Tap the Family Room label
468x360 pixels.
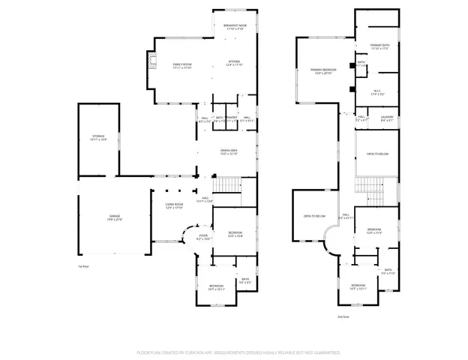pyautogui.click(x=183, y=66)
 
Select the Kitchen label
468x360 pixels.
pyautogui.click(x=235, y=64)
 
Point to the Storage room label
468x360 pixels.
pyautogui.click(x=99, y=137)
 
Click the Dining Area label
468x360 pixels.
pyautogui.click(x=229, y=152)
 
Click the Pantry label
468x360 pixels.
pyautogui.click(x=232, y=118)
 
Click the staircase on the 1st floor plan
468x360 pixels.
pyautogui.click(x=227, y=184)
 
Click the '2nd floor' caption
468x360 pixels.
pyautogui.click(x=343, y=316)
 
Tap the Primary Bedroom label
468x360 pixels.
pyautogui.click(x=322, y=71)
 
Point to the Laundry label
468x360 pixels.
pyautogui.click(x=386, y=118)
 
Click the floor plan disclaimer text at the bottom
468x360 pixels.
pyautogui.click(x=238, y=351)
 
